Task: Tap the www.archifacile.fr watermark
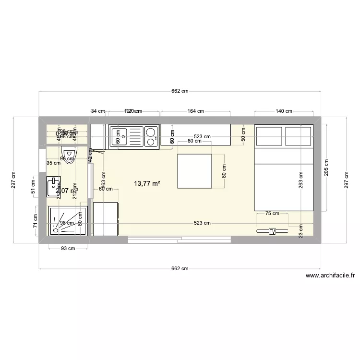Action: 330,276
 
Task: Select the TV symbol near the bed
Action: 273,231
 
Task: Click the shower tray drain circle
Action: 56,229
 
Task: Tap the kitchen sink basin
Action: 119,136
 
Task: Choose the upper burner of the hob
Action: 151,131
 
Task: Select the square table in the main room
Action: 194,171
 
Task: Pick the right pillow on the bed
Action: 299,135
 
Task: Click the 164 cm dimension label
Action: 195,111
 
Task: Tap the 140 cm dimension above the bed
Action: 284,111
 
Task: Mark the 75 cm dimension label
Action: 272,213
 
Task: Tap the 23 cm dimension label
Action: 301,232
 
